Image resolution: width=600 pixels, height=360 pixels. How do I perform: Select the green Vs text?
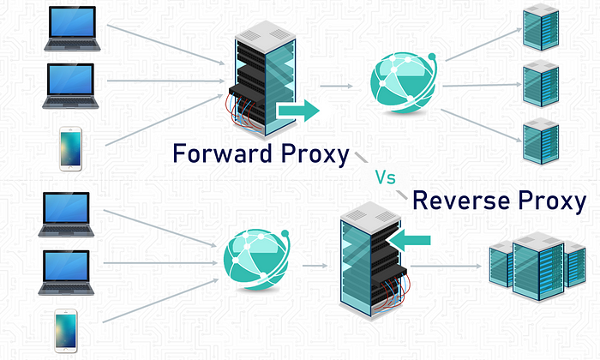click(x=385, y=177)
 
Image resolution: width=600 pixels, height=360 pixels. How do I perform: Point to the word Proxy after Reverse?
click(x=552, y=201)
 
